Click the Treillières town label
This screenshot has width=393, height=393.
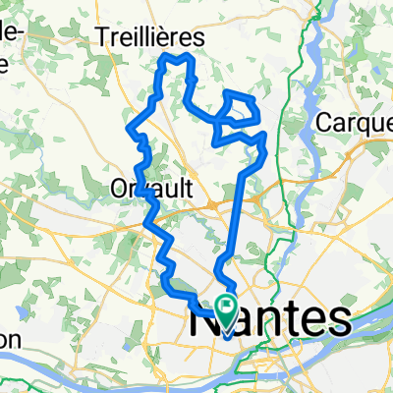point(150,36)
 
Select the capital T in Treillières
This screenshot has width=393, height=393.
point(105,36)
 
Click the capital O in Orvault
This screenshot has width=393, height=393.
point(120,186)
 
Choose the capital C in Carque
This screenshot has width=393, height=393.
point(327,123)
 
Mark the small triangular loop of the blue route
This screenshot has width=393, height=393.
point(240,102)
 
